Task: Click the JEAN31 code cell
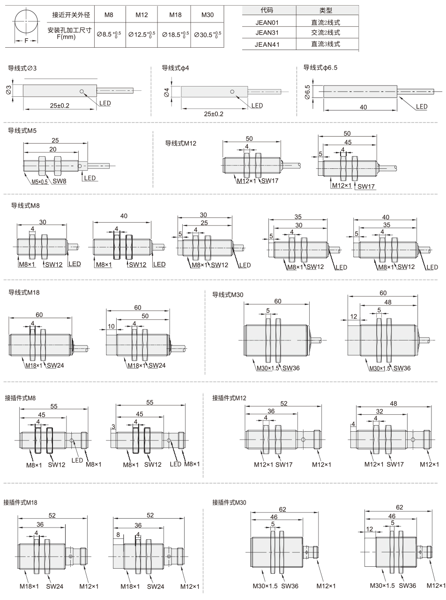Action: (267, 32)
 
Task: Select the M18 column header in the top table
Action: (175, 14)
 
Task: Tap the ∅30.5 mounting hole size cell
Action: (208, 35)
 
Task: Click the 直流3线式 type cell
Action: (325, 44)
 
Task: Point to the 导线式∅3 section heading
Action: (22, 68)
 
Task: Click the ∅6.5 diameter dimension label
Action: (307, 92)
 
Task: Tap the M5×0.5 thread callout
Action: (39, 182)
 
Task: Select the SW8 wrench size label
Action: (59, 181)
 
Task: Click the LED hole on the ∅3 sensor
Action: (82, 92)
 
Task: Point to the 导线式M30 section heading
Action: (228, 295)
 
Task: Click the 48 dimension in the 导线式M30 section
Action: (388, 302)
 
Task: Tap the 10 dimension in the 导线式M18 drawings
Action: (111, 326)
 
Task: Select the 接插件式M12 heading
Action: (229, 398)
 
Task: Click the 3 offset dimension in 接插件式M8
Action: (113, 427)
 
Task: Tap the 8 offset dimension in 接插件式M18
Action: (118, 535)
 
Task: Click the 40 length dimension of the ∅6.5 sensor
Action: (363, 107)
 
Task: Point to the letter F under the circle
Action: (26, 41)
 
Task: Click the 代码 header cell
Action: (267, 10)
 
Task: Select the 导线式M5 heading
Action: (22, 130)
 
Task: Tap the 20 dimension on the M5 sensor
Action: (53, 149)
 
